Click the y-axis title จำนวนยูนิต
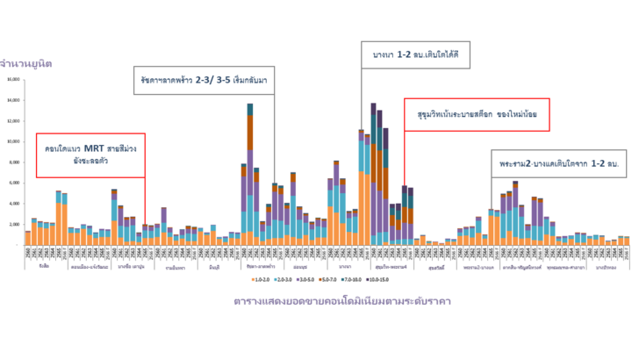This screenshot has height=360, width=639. (29, 64)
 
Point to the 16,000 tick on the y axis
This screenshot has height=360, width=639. (14, 79)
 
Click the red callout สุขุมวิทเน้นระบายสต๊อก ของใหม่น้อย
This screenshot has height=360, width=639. (476, 115)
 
